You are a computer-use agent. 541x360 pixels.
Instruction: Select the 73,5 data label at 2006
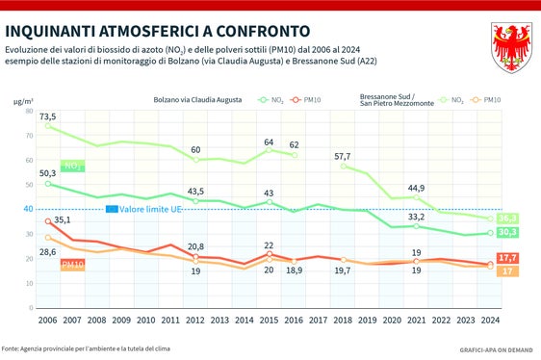pos(48,116)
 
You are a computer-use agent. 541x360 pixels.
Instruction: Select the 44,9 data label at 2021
pos(416,188)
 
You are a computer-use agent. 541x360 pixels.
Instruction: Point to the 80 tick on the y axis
pos(28,111)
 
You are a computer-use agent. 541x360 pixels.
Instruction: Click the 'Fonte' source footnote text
pos(92,347)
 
